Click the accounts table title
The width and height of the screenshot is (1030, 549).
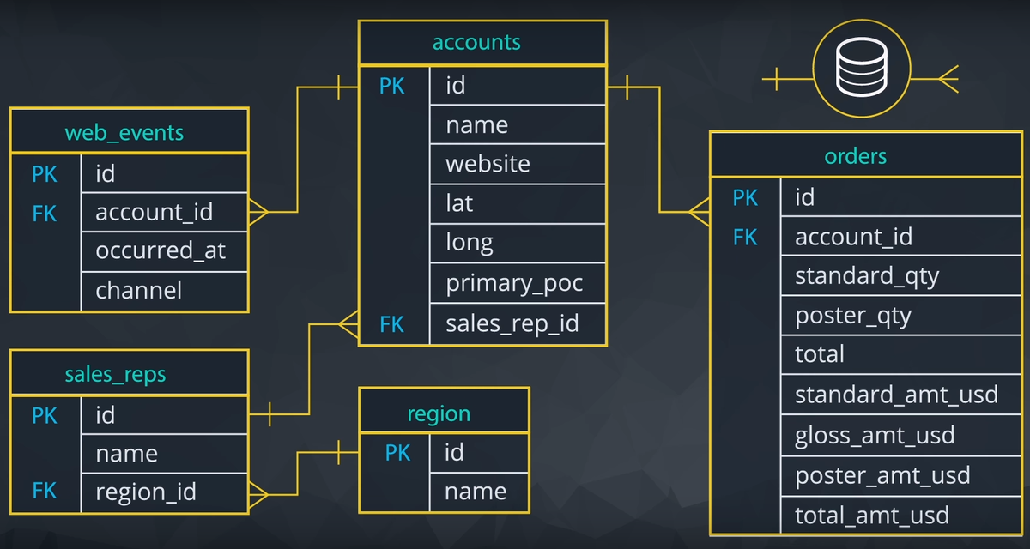pos(476,42)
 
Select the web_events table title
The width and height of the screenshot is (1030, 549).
pos(124,133)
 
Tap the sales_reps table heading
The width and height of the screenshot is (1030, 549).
pos(115,374)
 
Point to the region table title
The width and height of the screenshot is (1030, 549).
pos(439,414)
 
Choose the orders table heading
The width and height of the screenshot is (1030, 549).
pos(855,156)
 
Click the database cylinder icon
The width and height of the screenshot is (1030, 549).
pos(861,68)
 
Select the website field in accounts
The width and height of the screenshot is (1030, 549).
pos(488,164)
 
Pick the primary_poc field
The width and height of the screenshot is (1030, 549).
pos(514,283)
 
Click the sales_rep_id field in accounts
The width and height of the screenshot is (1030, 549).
pos(512,323)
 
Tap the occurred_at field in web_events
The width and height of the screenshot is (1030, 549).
pos(161,250)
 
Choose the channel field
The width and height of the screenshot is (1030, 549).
pos(138,290)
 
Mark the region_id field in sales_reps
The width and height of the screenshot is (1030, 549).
pos(146,492)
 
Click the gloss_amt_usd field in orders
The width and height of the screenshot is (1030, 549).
pos(875,436)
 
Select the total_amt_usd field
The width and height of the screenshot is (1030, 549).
pos(872,515)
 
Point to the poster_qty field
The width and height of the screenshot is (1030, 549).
pos(853,316)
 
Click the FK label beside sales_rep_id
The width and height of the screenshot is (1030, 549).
pos(391,324)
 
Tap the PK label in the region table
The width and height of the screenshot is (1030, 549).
pos(397,453)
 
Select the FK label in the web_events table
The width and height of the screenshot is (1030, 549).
pos(44,214)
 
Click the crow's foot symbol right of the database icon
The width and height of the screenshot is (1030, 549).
pos(948,79)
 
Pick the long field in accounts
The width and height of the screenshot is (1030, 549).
pos(470,244)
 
